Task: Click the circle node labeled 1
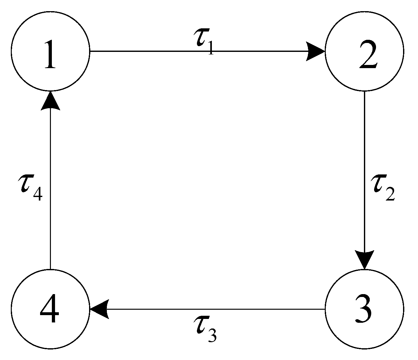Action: click(50, 51)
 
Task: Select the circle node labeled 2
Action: click(364, 51)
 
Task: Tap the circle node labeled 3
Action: click(364, 308)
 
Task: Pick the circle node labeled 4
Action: click(50, 308)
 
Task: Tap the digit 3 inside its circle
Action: click(363, 310)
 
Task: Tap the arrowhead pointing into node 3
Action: click(364, 259)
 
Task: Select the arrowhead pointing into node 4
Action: click(100, 309)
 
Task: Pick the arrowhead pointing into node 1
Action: click(50, 101)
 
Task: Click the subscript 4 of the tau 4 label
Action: click(38, 194)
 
